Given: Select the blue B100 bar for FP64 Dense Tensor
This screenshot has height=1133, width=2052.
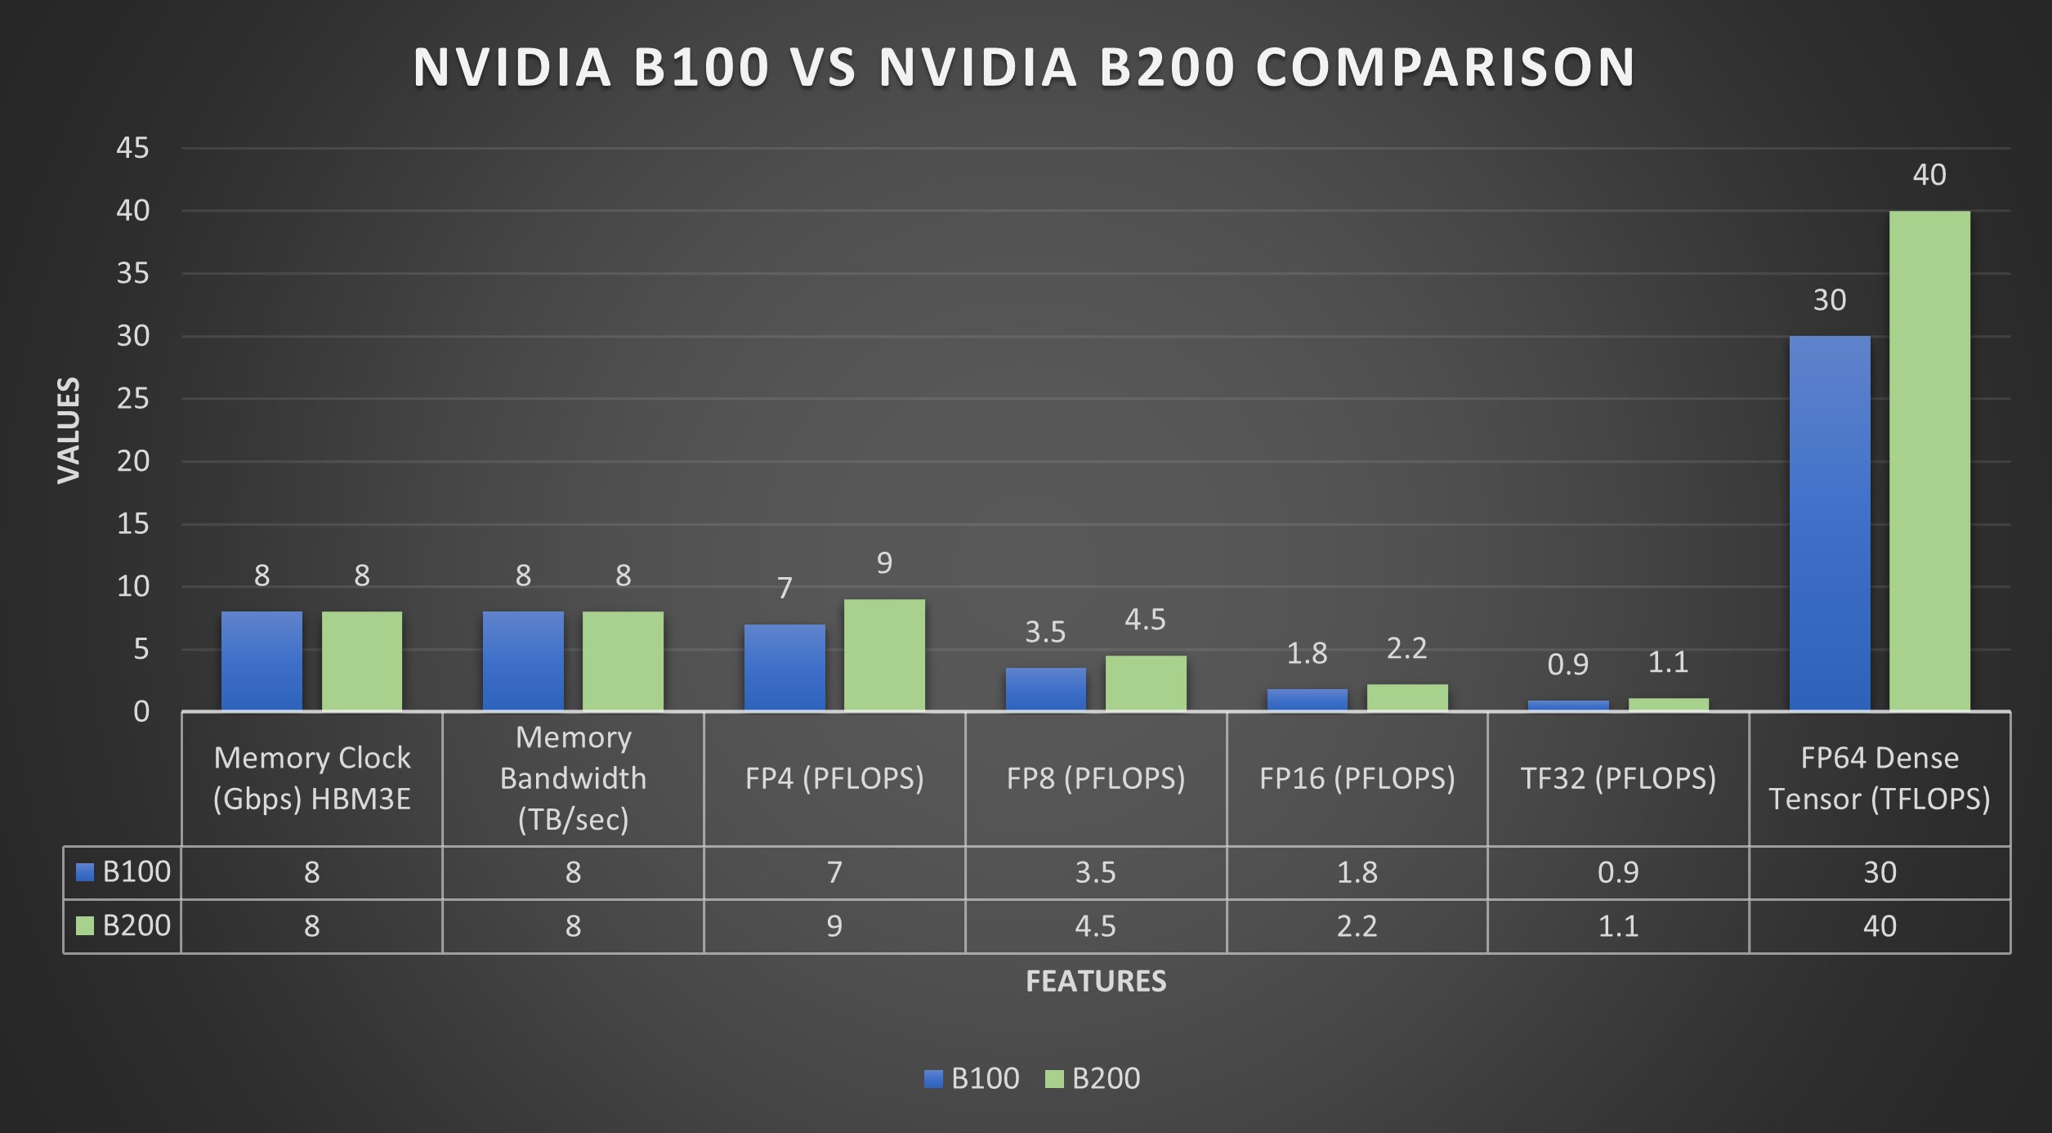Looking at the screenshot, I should click(1829, 523).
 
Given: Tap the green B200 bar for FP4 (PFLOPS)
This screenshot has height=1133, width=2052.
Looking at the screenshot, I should click(884, 655).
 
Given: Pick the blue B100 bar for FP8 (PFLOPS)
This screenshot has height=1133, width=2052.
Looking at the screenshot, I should click(1045, 689).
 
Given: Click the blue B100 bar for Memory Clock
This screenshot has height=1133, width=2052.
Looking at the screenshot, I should click(262, 661).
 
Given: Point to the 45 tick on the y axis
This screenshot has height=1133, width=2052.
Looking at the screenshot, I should click(132, 148).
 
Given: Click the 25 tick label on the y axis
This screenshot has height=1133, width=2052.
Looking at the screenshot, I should click(132, 399).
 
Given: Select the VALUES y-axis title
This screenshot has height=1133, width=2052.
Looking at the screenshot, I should click(69, 430).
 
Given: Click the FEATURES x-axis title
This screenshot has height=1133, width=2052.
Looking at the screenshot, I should click(1095, 981).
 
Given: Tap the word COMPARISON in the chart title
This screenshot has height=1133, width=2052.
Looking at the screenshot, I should click(1445, 67).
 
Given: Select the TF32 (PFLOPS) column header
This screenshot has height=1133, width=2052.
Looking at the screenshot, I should click(1618, 778).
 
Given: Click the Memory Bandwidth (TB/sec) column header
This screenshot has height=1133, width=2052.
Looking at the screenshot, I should click(573, 778).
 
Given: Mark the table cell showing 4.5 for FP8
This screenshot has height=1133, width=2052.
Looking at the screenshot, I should click(1095, 926).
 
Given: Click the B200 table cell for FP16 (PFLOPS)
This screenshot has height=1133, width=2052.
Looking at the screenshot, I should click(1357, 926).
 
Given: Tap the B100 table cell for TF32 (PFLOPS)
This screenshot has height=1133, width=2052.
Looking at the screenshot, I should click(1618, 872).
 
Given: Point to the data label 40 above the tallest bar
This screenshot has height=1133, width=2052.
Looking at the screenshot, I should click(1929, 175).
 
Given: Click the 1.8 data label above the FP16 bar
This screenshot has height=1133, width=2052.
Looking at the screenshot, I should click(1307, 653).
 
